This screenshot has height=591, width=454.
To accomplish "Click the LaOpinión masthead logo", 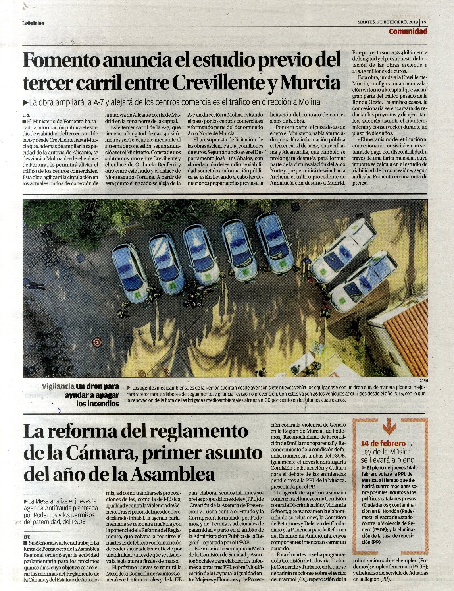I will click(33, 23).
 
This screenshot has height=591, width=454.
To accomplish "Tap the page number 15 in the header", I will click(424, 23).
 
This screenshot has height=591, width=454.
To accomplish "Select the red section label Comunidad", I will click(408, 32).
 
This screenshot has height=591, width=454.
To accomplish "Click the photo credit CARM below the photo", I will click(424, 380).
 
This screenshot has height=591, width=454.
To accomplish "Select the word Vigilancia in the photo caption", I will click(58, 386).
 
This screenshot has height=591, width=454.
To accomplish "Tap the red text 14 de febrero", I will click(383, 444).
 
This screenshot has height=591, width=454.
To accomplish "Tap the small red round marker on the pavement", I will click(96, 342).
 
